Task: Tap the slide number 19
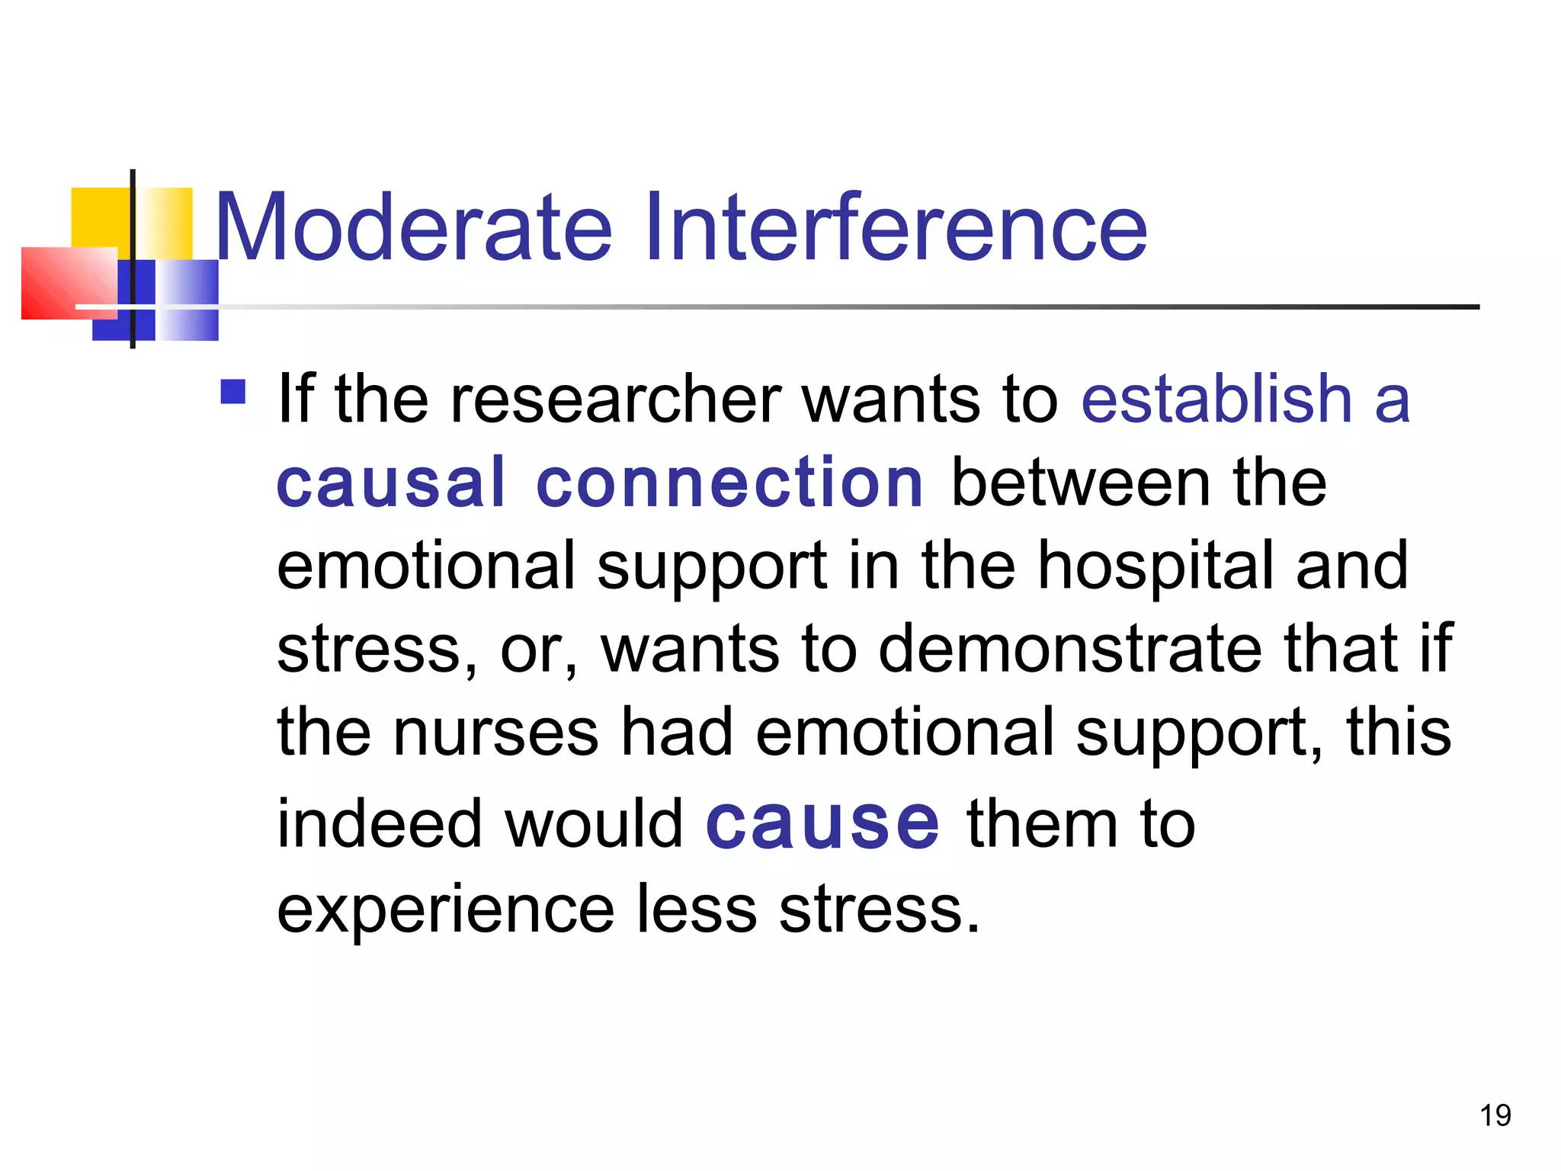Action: (1495, 1115)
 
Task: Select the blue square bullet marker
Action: (233, 392)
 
